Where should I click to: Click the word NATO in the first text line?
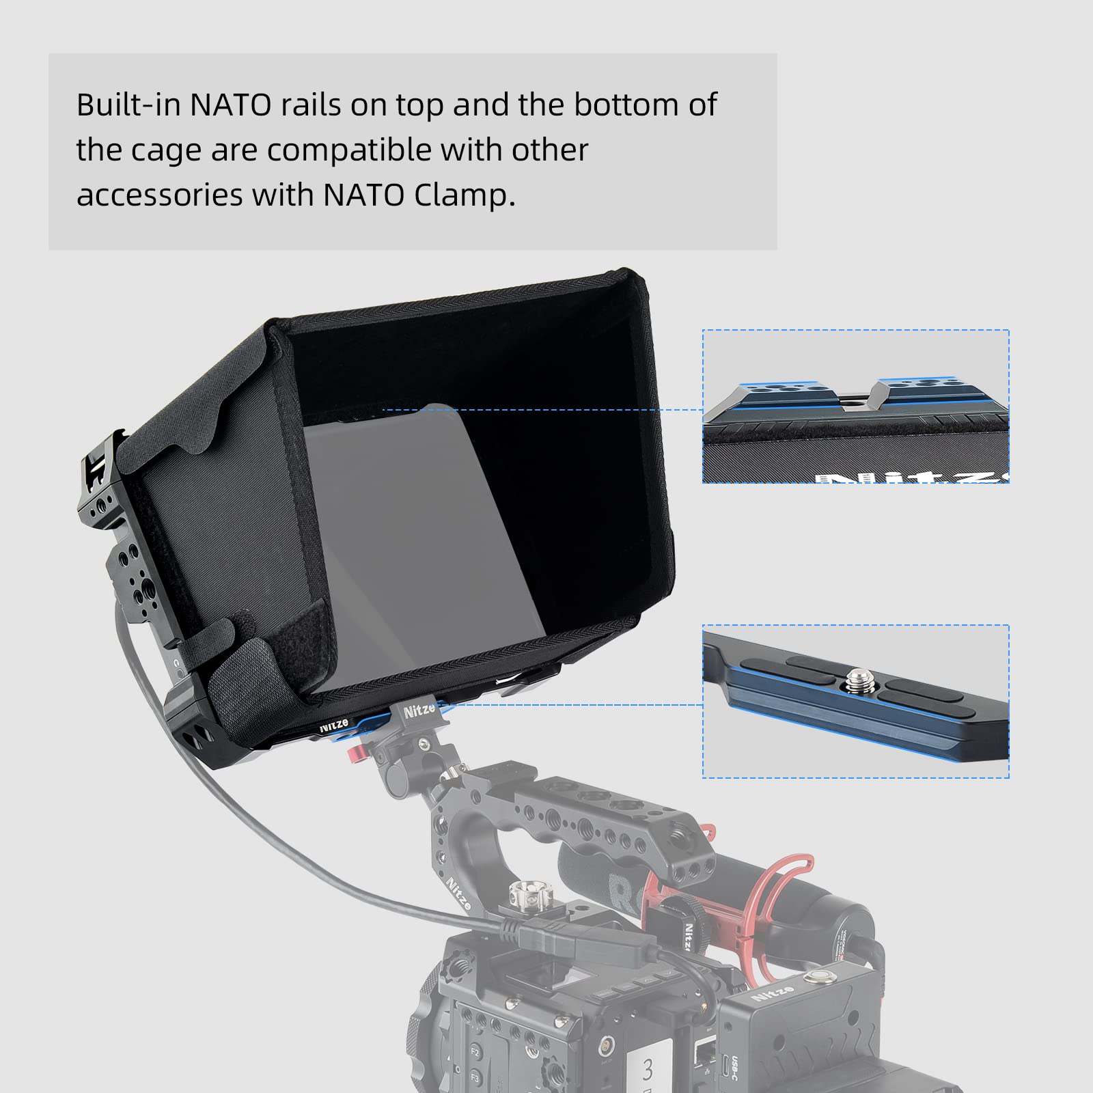click(231, 105)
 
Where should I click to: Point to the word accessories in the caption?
click(159, 195)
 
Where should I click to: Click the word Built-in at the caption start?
click(128, 105)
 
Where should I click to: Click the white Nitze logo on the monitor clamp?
click(419, 711)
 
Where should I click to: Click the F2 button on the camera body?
click(475, 1051)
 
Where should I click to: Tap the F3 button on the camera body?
click(475, 1079)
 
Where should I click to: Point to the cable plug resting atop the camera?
click(540, 935)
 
